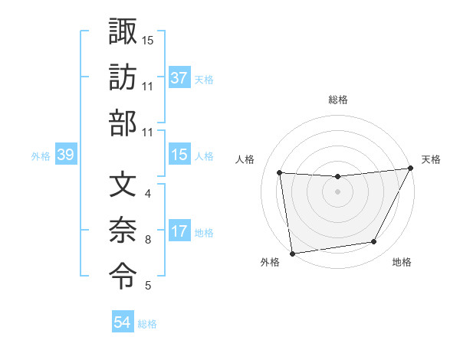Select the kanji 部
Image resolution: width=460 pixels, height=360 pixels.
[123, 123]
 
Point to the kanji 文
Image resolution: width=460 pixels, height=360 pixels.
[123, 185]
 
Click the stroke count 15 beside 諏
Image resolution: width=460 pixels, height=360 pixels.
[148, 39]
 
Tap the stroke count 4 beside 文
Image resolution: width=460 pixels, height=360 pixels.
[148, 193]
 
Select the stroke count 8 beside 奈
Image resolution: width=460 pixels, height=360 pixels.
[148, 240]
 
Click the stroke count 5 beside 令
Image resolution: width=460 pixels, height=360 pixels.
[148, 286]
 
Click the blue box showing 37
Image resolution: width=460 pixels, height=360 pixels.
[179, 77]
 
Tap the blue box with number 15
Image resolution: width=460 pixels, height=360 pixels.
[179, 155]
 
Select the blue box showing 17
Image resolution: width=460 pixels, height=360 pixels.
[179, 232]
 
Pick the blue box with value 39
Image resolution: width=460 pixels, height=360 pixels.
[66, 155]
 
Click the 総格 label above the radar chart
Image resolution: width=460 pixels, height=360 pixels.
[337, 100]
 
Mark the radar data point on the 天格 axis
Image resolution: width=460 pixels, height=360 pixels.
[410, 169]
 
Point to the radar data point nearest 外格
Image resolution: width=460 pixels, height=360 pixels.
[292, 253]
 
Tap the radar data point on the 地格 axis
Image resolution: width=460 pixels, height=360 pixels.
[374, 242]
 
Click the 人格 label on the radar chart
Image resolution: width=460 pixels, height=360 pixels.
[245, 159]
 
